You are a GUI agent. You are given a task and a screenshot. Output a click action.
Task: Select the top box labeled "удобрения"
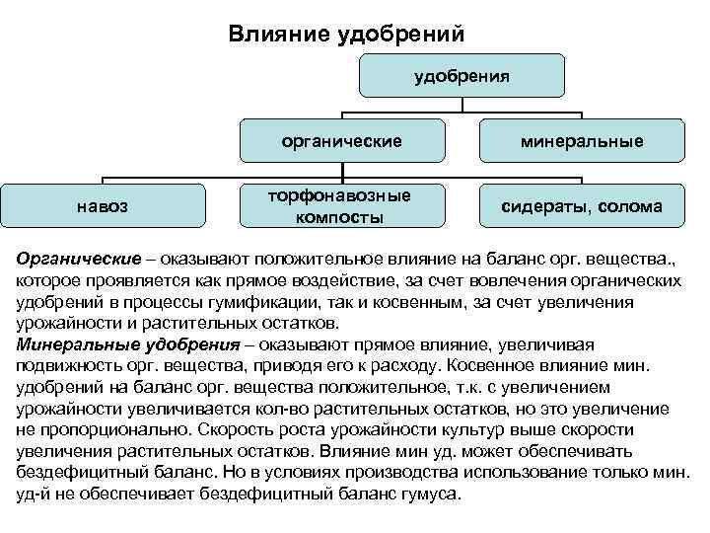tap(461, 76)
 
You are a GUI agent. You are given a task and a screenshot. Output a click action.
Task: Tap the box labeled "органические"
tap(341, 141)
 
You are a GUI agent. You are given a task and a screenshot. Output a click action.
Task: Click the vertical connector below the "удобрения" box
tap(461, 103)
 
